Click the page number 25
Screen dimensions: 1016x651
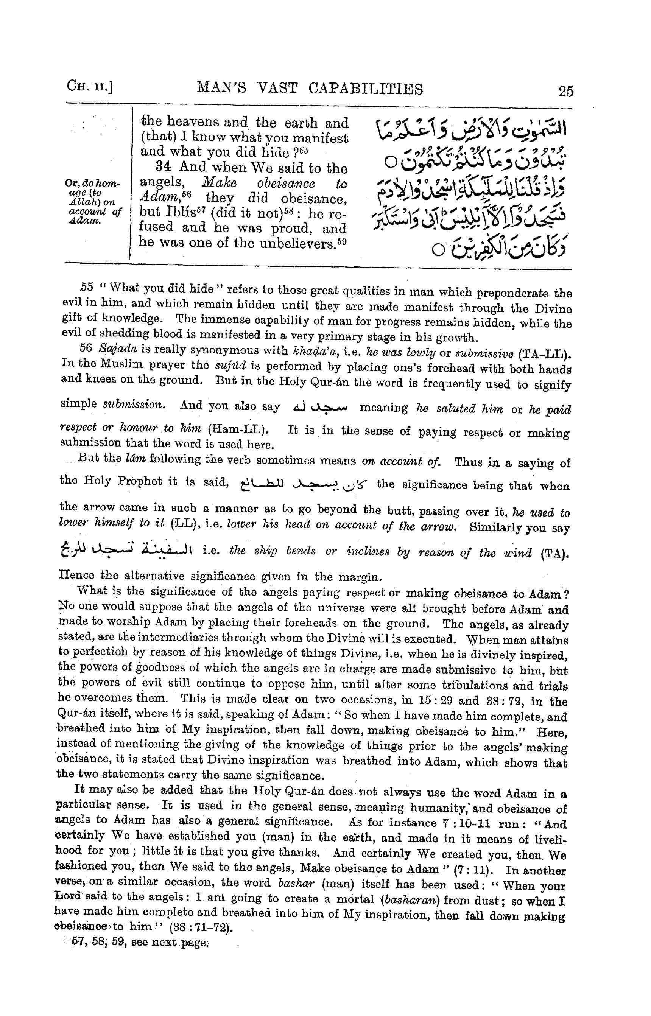click(565, 91)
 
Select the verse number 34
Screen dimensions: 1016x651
click(164, 166)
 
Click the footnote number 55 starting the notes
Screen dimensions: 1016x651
click(86, 287)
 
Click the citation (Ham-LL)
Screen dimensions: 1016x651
click(238, 429)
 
